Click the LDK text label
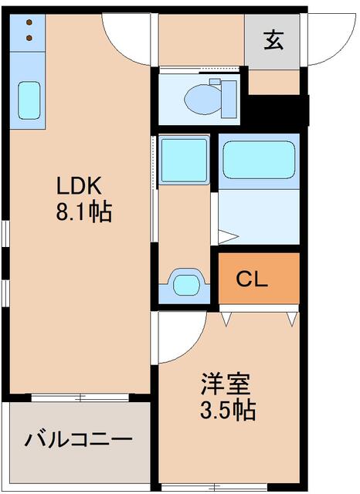pyautogui.click(x=78, y=186)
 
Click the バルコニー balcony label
pyautogui.click(x=77, y=441)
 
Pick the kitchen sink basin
pyautogui.click(x=29, y=100)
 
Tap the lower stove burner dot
pyautogui.click(x=29, y=36)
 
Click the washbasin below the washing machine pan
pyautogui.click(x=185, y=285)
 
